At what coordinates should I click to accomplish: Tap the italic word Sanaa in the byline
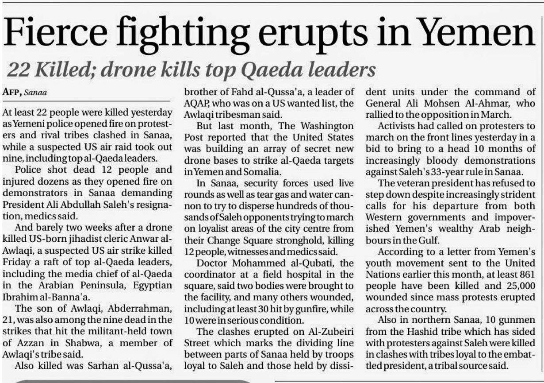pyautogui.click(x=36, y=93)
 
